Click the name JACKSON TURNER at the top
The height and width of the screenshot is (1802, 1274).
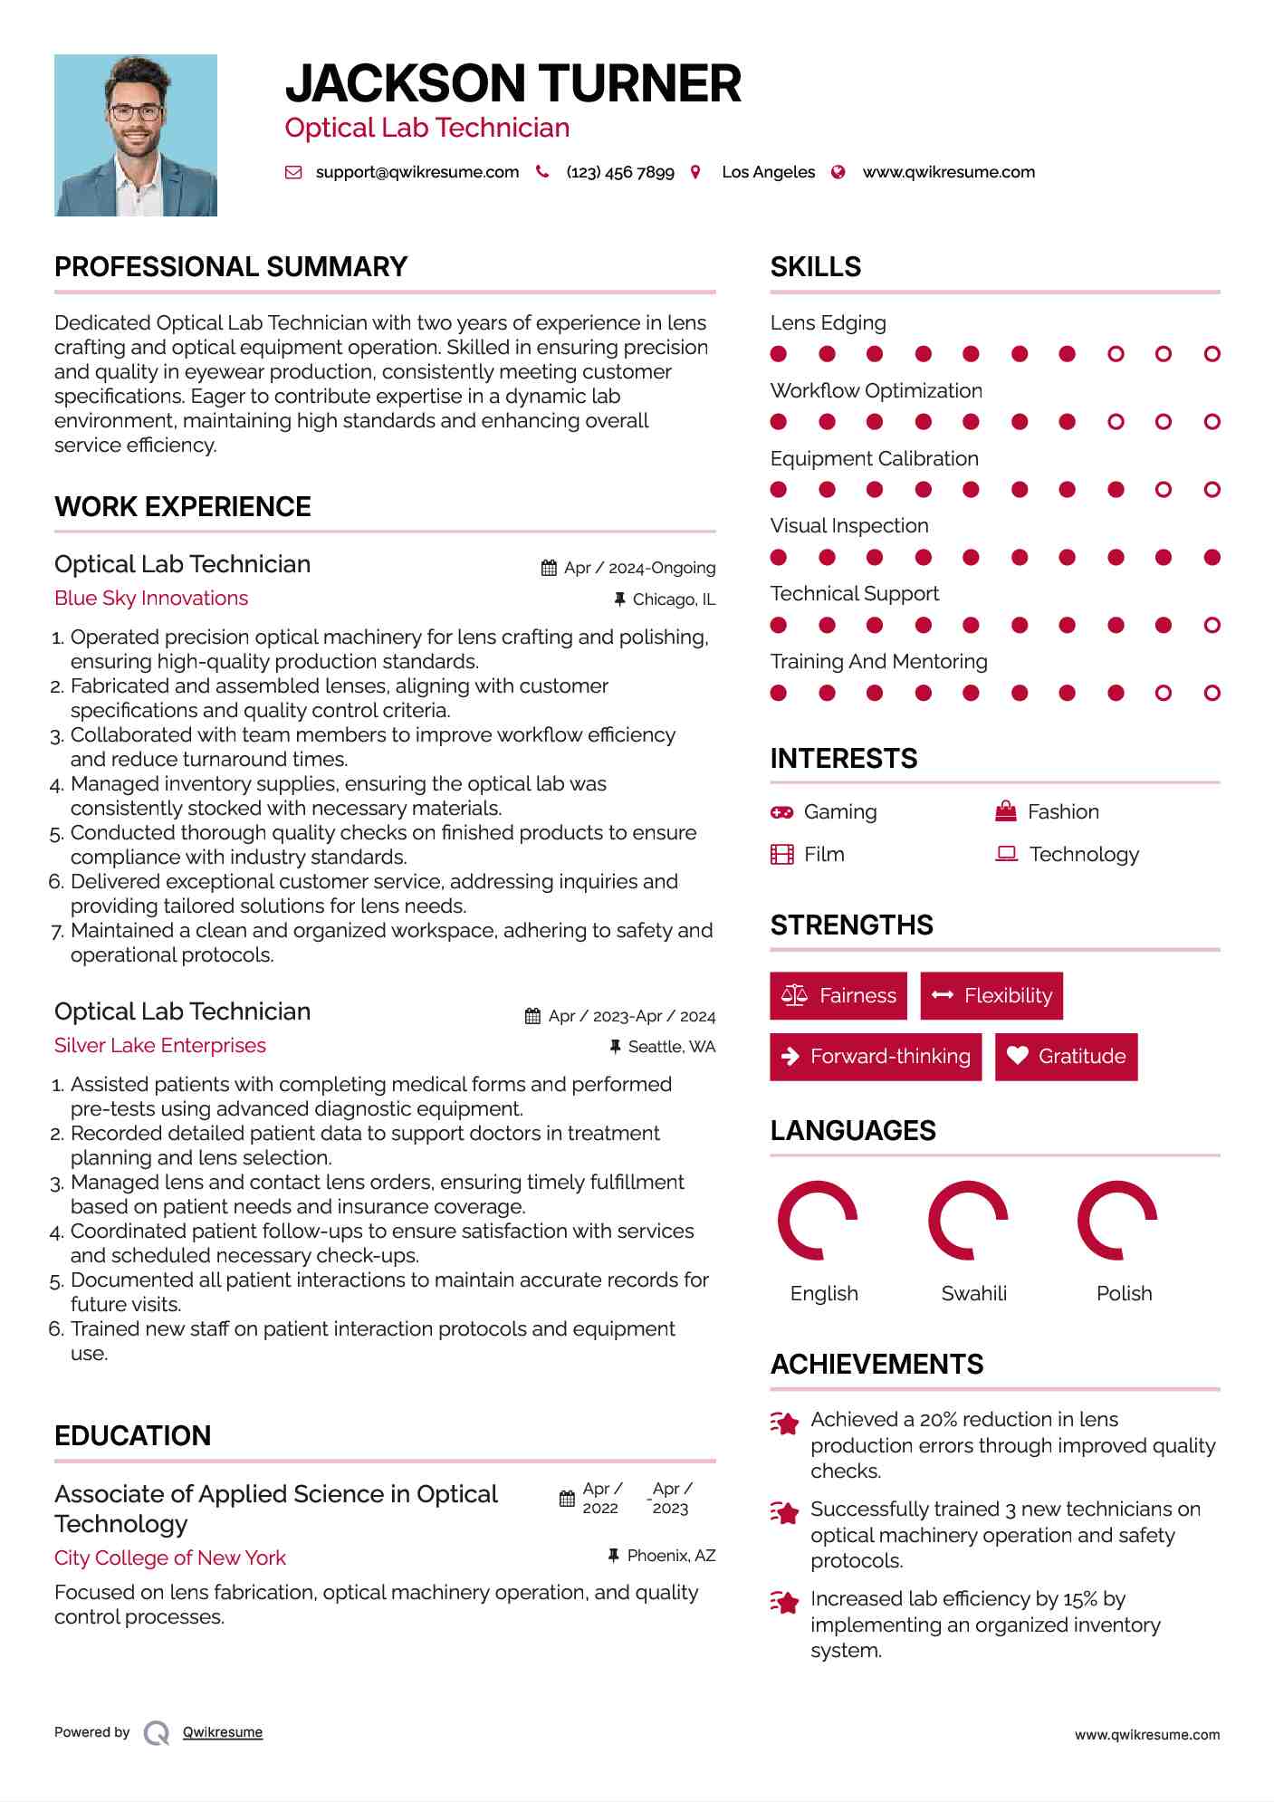pos(512,84)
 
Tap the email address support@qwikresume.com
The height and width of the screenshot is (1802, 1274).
pos(417,172)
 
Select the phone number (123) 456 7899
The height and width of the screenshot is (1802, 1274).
pos(619,172)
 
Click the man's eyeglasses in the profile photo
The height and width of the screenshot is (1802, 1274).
pos(136,113)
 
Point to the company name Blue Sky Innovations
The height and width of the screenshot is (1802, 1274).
pos(151,599)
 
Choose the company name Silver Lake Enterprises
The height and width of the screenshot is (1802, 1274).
pos(160,1046)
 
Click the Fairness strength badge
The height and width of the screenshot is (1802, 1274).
pos(838,996)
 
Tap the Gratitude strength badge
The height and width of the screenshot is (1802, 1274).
pos(1066,1057)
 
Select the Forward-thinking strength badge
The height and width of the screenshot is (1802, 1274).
pos(876,1057)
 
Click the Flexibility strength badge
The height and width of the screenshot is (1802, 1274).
pos(991,996)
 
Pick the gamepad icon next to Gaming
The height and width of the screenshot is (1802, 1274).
pos(781,812)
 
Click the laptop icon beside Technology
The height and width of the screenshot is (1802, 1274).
pos(1006,854)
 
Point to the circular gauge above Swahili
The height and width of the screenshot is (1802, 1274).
pos(968,1221)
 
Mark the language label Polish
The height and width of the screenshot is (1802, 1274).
pos(1124,1293)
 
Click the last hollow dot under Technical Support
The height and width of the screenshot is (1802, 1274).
pos(1212,625)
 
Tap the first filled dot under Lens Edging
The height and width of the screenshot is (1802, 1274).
pos(779,354)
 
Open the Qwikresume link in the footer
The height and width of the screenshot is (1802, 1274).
pos(223,1732)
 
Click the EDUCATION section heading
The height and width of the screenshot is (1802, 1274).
pos(133,1436)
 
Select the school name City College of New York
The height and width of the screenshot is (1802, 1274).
pos(170,1558)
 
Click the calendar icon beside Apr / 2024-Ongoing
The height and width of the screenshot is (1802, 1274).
pos(549,568)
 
